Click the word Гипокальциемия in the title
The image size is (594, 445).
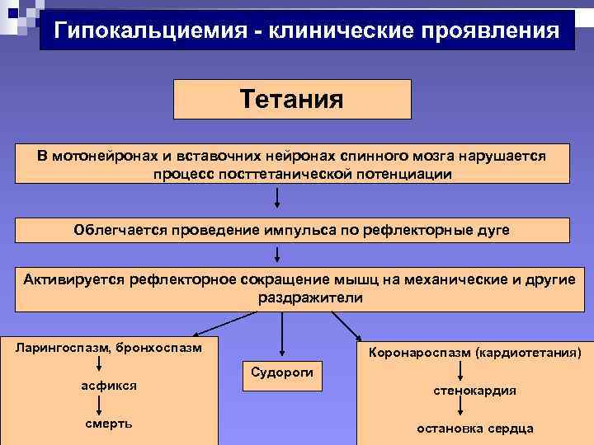(146, 30)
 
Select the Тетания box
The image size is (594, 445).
(292, 99)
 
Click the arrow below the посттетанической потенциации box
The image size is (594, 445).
(277, 198)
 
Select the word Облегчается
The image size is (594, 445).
(120, 229)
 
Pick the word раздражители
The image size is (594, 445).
(310, 297)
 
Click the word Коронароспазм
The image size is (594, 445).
(422, 353)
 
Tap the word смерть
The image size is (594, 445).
(108, 424)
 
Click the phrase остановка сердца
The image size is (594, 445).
(475, 428)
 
